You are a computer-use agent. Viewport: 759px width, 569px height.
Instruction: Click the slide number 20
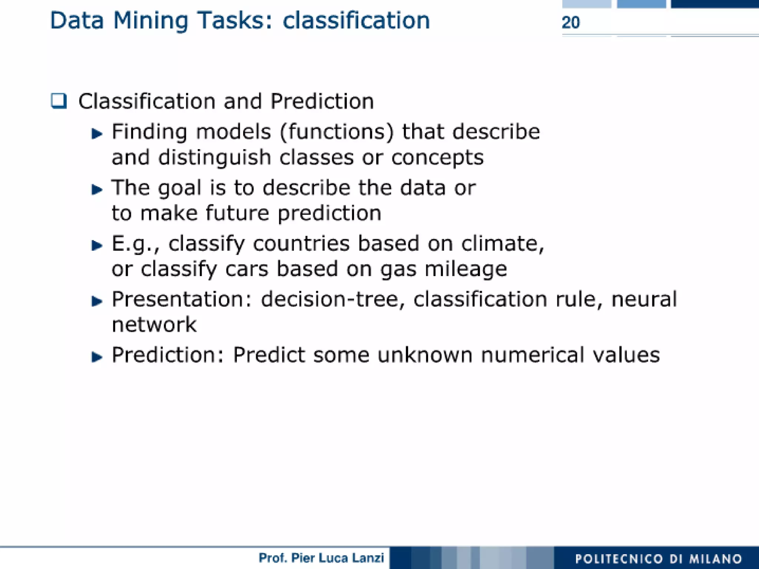tap(570, 23)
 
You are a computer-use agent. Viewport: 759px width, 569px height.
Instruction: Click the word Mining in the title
tap(150, 21)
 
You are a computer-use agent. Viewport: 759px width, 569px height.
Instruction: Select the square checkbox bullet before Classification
tap(59, 101)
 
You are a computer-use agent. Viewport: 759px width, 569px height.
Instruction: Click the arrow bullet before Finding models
tap(97, 133)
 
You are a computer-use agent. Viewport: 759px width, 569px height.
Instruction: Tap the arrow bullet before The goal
tap(97, 189)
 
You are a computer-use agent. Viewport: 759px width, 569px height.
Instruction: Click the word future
tap(237, 213)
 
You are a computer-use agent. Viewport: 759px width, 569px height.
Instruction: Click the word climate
tap(502, 244)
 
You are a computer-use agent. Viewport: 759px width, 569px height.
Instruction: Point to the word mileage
tap(465, 269)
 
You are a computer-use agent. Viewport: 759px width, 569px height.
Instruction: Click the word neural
tap(644, 299)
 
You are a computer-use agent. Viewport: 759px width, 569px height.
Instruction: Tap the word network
tap(154, 325)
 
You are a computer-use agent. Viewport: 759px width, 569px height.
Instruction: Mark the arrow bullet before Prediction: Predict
tap(97, 356)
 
